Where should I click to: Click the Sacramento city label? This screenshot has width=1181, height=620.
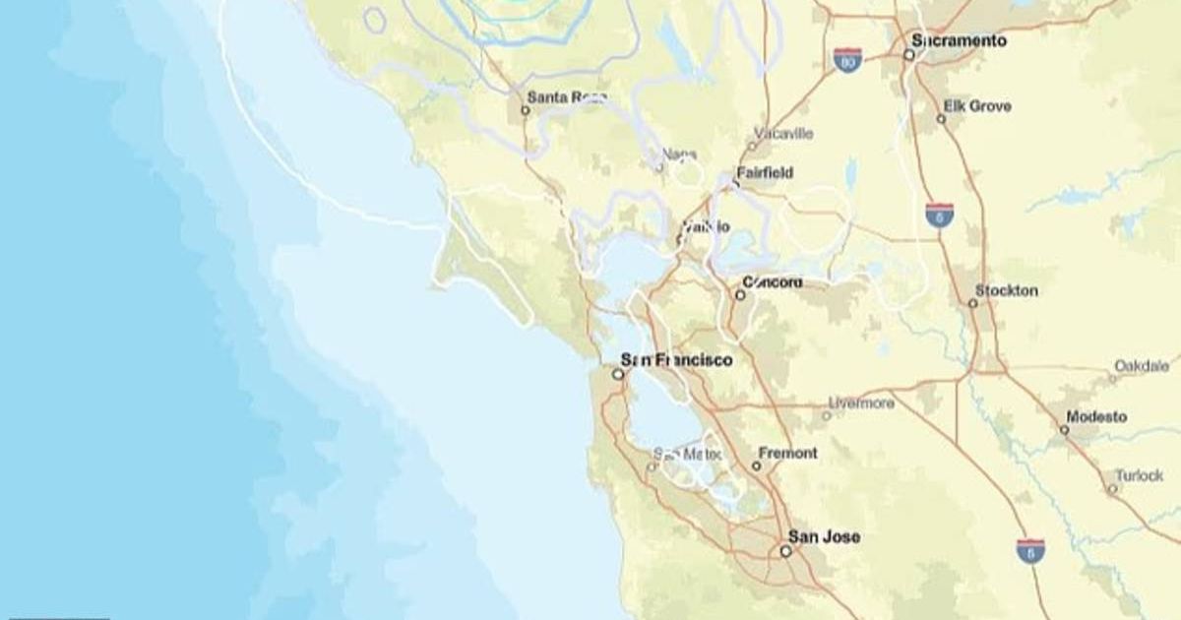(960, 41)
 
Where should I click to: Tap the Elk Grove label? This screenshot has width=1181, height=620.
(977, 106)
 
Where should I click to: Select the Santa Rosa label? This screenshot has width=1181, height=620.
(567, 97)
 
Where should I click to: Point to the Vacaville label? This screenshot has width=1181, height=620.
(783, 133)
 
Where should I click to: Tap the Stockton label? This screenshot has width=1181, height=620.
(1006, 290)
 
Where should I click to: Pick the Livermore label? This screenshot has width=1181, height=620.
(861, 403)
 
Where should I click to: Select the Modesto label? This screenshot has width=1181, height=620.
(1095, 417)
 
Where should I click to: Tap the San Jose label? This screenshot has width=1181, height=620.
(824, 537)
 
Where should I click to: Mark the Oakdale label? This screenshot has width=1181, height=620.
(1142, 366)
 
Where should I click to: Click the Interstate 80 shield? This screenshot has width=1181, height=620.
(847, 60)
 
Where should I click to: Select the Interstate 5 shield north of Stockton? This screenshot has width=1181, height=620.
(939, 216)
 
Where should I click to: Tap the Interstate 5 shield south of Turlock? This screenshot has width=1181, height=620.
(1030, 550)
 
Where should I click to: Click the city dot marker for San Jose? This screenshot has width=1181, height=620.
(785, 551)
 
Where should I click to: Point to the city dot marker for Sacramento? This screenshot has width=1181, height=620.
(908, 55)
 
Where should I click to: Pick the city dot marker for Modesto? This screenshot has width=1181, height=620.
(1064, 430)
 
